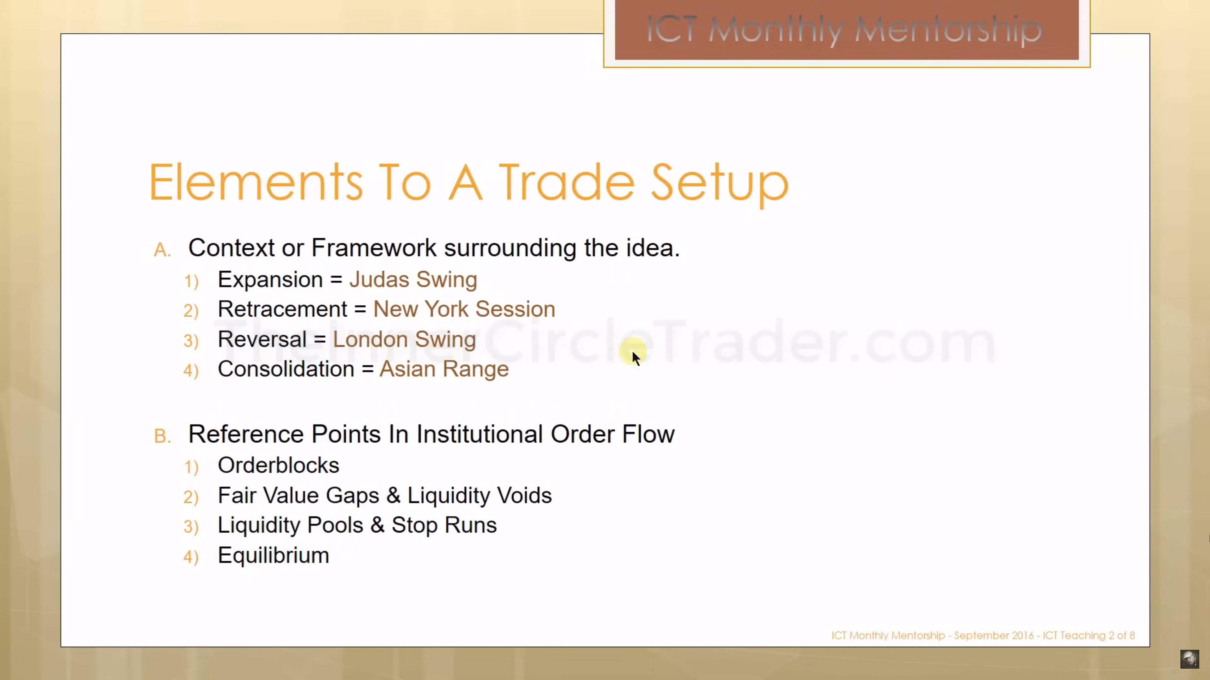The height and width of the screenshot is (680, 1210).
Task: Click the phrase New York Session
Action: tap(464, 309)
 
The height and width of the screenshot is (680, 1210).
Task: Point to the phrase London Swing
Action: tap(404, 340)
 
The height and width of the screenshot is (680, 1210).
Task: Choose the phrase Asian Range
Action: tap(444, 369)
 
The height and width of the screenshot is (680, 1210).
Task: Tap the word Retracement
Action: tap(283, 309)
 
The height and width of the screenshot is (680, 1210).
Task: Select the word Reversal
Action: tap(262, 339)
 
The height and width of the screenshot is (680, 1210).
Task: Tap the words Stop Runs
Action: tap(444, 525)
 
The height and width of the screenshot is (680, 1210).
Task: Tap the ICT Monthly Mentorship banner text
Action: tap(844, 30)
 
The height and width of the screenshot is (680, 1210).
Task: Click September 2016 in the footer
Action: tap(994, 635)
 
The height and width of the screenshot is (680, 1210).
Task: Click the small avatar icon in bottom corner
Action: tap(1189, 659)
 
